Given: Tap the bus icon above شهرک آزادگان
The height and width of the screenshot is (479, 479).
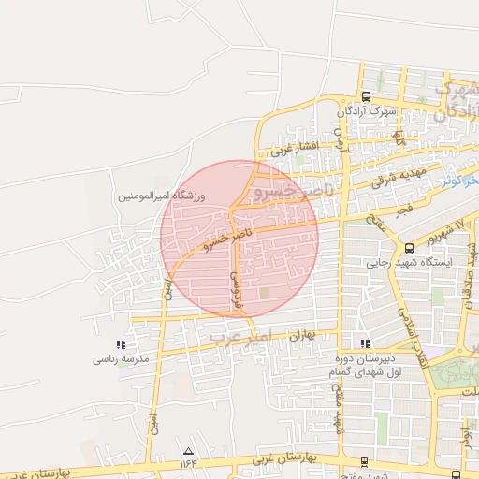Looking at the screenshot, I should pyautogui.click(x=366, y=96).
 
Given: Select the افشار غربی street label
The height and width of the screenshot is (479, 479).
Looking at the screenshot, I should pyautogui.click(x=296, y=148).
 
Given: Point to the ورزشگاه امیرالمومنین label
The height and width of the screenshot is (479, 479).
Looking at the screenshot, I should pyautogui.click(x=154, y=197).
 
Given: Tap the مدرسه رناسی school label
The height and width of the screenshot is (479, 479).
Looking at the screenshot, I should pyautogui.click(x=118, y=358).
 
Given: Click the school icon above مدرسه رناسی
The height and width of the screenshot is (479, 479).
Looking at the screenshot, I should pyautogui.click(x=119, y=344).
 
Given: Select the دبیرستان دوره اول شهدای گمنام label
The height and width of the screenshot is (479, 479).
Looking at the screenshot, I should pyautogui.click(x=367, y=366).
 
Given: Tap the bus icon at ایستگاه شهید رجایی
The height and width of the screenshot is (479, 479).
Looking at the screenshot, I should pyautogui.click(x=409, y=248).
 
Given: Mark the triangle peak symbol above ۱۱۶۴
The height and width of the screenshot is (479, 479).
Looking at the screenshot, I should pyautogui.click(x=189, y=450).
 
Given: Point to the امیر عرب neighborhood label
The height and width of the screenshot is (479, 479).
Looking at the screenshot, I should pyautogui.click(x=239, y=334).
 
